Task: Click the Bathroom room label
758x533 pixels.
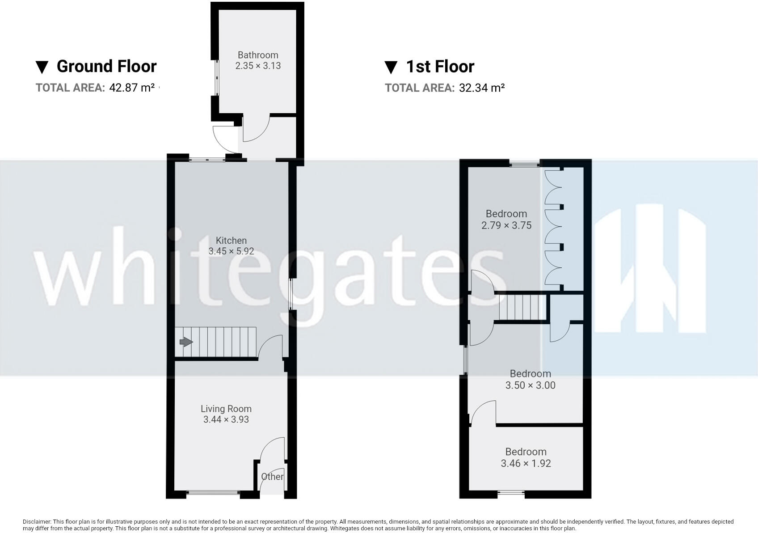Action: point(258,55)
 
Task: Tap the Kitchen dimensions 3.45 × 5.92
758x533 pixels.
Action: point(231,251)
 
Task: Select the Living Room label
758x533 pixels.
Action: point(226,409)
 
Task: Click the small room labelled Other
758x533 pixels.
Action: point(272,477)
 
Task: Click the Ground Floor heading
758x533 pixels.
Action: point(106,66)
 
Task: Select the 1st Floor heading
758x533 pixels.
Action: point(440,67)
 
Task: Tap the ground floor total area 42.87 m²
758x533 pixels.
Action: point(132,88)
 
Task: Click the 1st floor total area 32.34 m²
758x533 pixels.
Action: point(482,88)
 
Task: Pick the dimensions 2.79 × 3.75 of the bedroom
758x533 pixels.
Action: point(506,225)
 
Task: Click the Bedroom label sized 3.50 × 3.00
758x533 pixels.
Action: point(530,373)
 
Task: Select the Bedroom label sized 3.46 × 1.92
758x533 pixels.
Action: point(526,452)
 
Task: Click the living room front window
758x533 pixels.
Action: point(213,492)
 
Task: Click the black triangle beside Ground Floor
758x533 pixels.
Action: point(42,68)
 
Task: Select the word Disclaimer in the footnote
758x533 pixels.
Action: point(37,522)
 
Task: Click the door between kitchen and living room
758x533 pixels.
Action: point(270,347)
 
